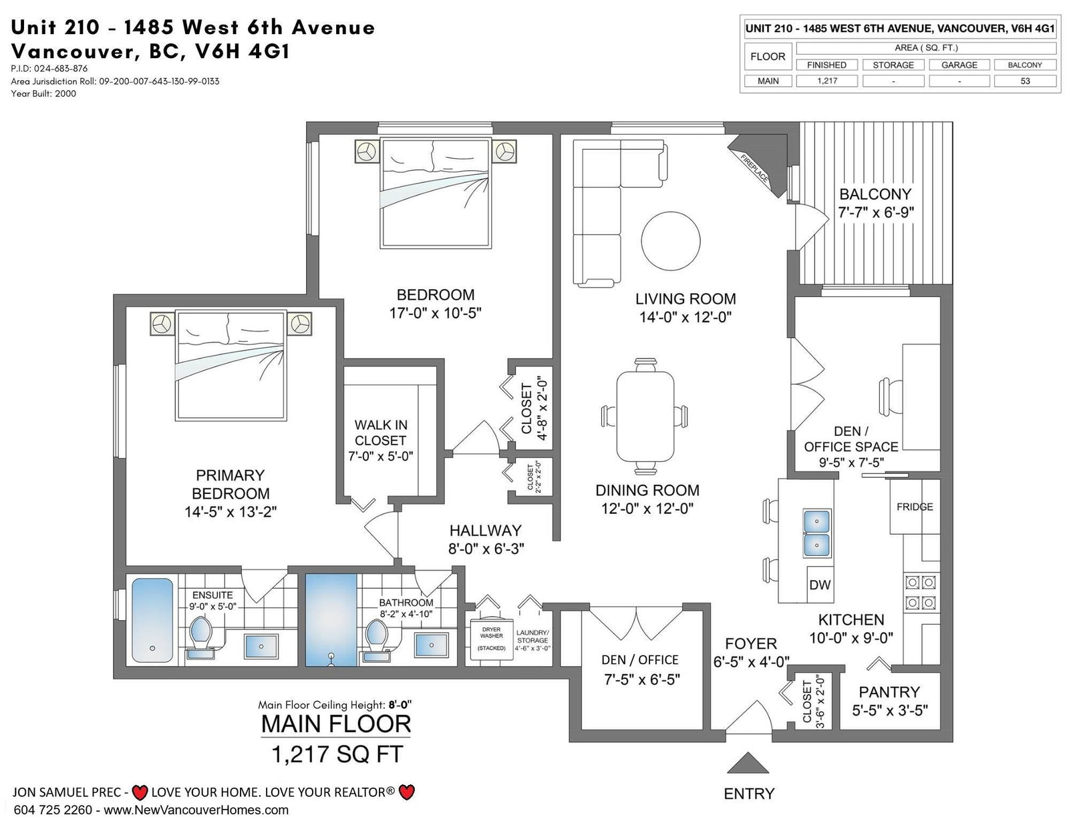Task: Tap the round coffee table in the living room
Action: [671, 241]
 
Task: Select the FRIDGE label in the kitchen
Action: [915, 507]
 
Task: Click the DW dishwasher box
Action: [820, 585]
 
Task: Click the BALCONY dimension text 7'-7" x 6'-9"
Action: [876, 213]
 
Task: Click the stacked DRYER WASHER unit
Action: [492, 639]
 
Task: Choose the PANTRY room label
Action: [889, 692]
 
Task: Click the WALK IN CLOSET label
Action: [381, 433]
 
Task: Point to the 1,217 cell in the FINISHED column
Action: [827, 81]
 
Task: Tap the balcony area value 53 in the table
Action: [1025, 81]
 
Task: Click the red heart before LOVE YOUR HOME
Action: [140, 792]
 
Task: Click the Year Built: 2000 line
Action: [44, 93]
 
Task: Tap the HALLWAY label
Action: [485, 531]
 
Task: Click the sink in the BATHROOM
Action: [431, 645]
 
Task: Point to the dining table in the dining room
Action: [645, 417]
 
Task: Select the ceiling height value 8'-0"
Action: [400, 705]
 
